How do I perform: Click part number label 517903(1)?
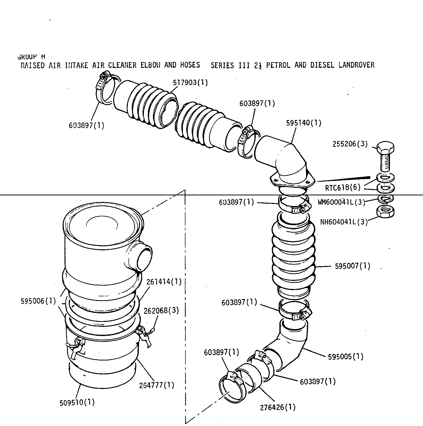(x=190, y=83)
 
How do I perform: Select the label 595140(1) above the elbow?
(x=304, y=123)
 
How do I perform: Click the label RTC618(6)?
(x=342, y=188)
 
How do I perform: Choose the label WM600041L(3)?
(x=341, y=202)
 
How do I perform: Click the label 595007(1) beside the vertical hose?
(x=352, y=266)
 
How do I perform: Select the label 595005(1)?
(x=346, y=356)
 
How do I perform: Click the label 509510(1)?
(x=77, y=403)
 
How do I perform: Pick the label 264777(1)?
(x=157, y=385)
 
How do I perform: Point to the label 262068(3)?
(x=161, y=310)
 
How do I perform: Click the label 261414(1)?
(x=164, y=281)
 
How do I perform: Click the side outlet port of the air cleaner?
(x=144, y=257)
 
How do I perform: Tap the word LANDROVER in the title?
(x=356, y=65)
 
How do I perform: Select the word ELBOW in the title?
(x=151, y=65)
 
